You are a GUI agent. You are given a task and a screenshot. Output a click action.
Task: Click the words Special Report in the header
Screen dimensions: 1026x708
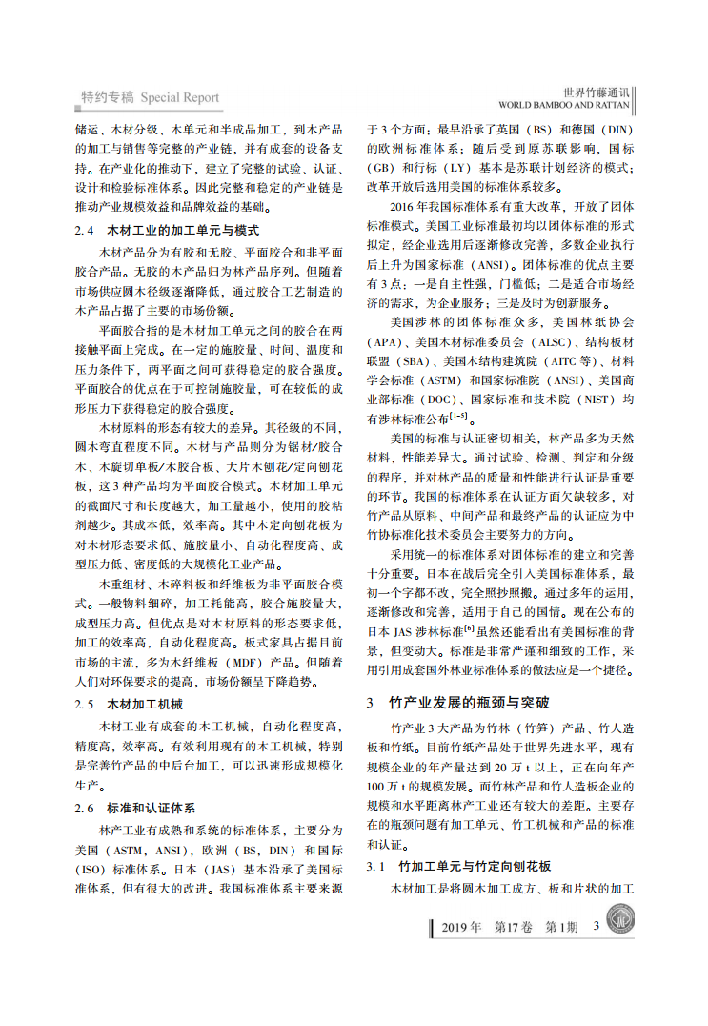pyautogui.click(x=180, y=97)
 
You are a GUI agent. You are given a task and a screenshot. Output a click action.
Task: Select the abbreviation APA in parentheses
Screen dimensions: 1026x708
pyautogui.click(x=384, y=341)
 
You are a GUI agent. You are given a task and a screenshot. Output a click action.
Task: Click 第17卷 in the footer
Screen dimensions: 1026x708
pyautogui.click(x=516, y=926)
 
